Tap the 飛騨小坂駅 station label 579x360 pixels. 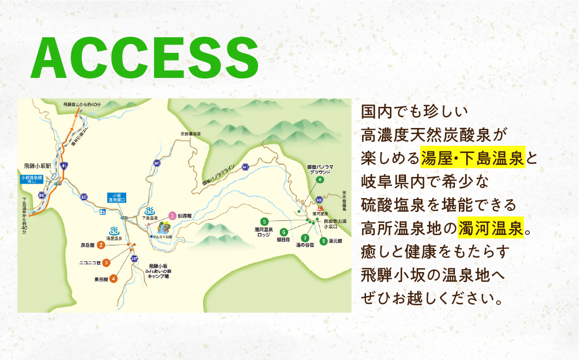[x=37, y=166]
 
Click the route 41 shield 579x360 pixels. [x=65, y=166]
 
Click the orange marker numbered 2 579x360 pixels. [x=101, y=244]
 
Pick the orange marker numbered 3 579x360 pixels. [x=106, y=262]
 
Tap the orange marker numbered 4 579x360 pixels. [x=113, y=278]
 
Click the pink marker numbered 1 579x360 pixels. [x=172, y=215]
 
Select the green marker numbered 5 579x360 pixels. [x=264, y=221]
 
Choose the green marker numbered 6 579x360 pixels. [x=284, y=231]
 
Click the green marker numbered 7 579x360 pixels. [x=305, y=238]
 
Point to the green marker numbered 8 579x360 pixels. [x=323, y=241]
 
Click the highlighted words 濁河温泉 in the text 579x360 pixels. [x=491, y=227]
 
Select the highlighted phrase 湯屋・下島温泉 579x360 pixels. [x=473, y=159]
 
